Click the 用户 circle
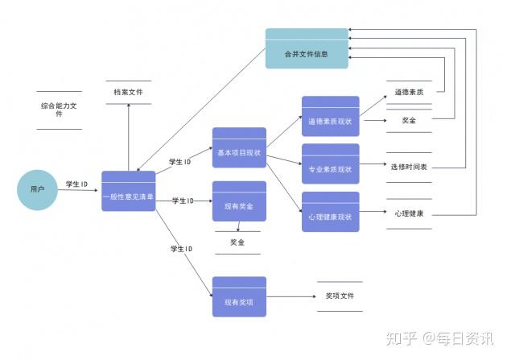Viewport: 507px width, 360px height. click(38, 190)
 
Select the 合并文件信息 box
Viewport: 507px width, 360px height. click(307, 48)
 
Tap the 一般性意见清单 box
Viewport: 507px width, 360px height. click(129, 191)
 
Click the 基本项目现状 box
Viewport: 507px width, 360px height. click(239, 147)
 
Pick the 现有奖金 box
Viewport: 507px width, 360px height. click(239, 201)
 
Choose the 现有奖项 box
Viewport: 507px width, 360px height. click(239, 296)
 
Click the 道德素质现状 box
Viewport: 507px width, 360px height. click(331, 116)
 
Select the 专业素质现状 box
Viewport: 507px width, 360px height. click(331, 163)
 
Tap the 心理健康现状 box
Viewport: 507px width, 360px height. click(331, 212)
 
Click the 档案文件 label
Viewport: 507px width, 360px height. click(129, 92)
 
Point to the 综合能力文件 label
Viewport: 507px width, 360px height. click(59, 110)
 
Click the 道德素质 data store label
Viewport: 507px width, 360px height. click(409, 92)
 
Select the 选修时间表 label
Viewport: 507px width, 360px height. click(409, 167)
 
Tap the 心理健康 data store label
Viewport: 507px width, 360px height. click(409, 213)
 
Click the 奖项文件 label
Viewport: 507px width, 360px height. click(340, 296)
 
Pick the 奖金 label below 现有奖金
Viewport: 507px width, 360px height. click(237, 242)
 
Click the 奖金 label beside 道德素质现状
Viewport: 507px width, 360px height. click(409, 120)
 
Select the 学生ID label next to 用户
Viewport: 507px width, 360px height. click(77, 184)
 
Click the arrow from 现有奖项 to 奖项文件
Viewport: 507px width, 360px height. click(291, 296)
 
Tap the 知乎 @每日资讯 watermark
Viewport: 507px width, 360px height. click(439, 338)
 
